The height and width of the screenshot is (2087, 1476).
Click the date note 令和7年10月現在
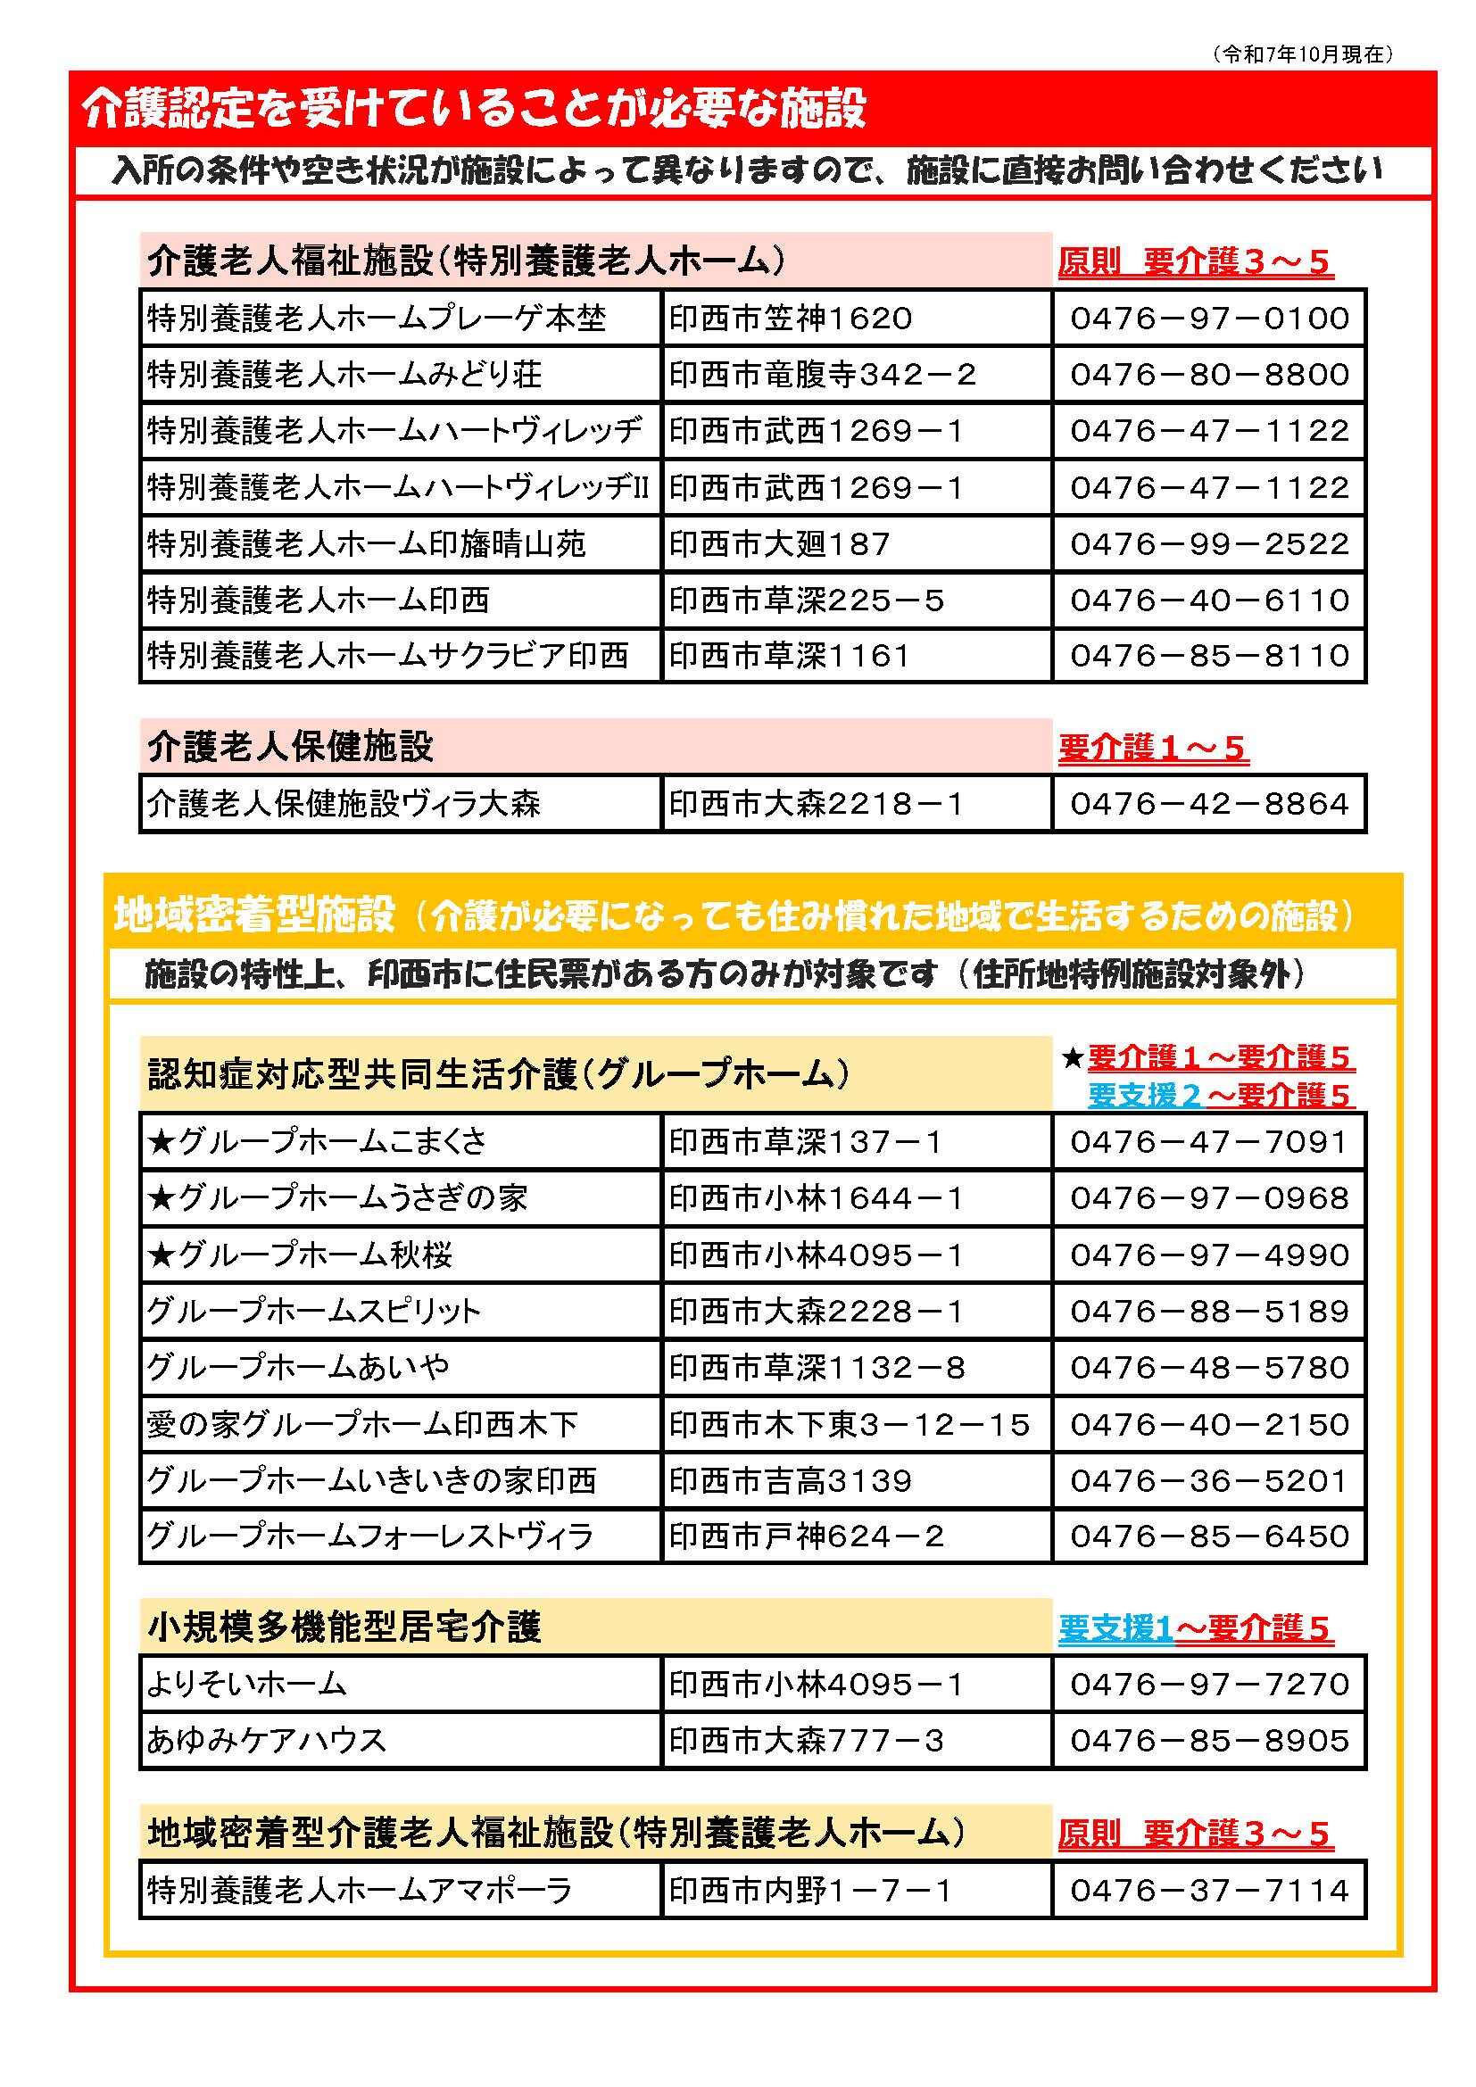click(x=1302, y=54)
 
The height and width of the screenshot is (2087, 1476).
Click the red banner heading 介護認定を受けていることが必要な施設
click(x=474, y=108)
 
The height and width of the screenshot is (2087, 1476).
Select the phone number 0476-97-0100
click(x=1209, y=319)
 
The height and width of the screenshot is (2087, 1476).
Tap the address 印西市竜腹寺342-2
click(x=823, y=375)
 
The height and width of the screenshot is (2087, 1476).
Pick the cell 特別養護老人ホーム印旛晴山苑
click(x=366, y=544)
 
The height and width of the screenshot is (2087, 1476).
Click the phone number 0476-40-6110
click(x=1209, y=600)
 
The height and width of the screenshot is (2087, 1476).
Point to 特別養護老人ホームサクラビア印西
click(x=387, y=656)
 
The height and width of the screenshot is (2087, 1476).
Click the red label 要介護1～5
click(x=1152, y=748)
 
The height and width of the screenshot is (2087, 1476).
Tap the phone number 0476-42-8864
click(x=1209, y=805)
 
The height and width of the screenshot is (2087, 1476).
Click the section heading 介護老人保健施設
click(x=290, y=747)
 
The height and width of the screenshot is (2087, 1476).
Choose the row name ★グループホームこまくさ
click(x=317, y=1142)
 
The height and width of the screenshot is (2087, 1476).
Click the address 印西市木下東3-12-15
click(x=849, y=1423)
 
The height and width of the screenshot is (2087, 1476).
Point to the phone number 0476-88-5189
click(x=1209, y=1311)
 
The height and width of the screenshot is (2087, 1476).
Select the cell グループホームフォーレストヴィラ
click(x=369, y=1536)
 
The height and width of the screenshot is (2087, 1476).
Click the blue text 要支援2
click(x=1144, y=1096)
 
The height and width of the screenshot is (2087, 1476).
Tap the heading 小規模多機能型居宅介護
click(x=344, y=1627)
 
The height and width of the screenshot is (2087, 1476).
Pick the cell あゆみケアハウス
click(x=266, y=1740)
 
